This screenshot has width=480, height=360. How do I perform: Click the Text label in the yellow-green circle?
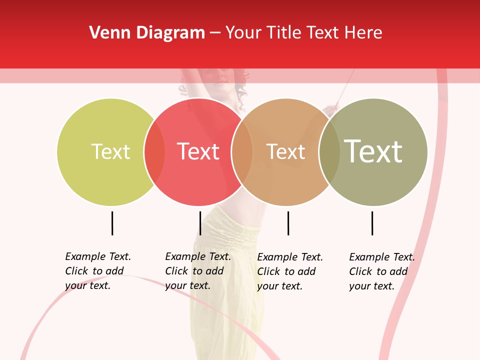click(x=110, y=151)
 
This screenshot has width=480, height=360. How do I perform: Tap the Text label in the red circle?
click(x=198, y=151)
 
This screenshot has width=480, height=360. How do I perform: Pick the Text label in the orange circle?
click(x=285, y=152)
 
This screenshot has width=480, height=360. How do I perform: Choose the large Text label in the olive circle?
click(x=373, y=151)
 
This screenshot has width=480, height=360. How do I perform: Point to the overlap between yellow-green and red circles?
click(x=154, y=152)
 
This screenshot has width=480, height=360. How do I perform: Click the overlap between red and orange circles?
click(x=242, y=152)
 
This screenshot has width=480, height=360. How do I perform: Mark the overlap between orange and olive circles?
click(x=329, y=152)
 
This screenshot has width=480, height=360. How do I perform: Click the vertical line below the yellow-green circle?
click(x=112, y=223)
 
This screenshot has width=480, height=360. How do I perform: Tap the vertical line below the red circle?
click(x=200, y=223)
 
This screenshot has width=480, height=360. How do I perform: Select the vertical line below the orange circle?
click(x=288, y=223)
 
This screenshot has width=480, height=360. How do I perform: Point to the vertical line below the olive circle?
click(x=372, y=223)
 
